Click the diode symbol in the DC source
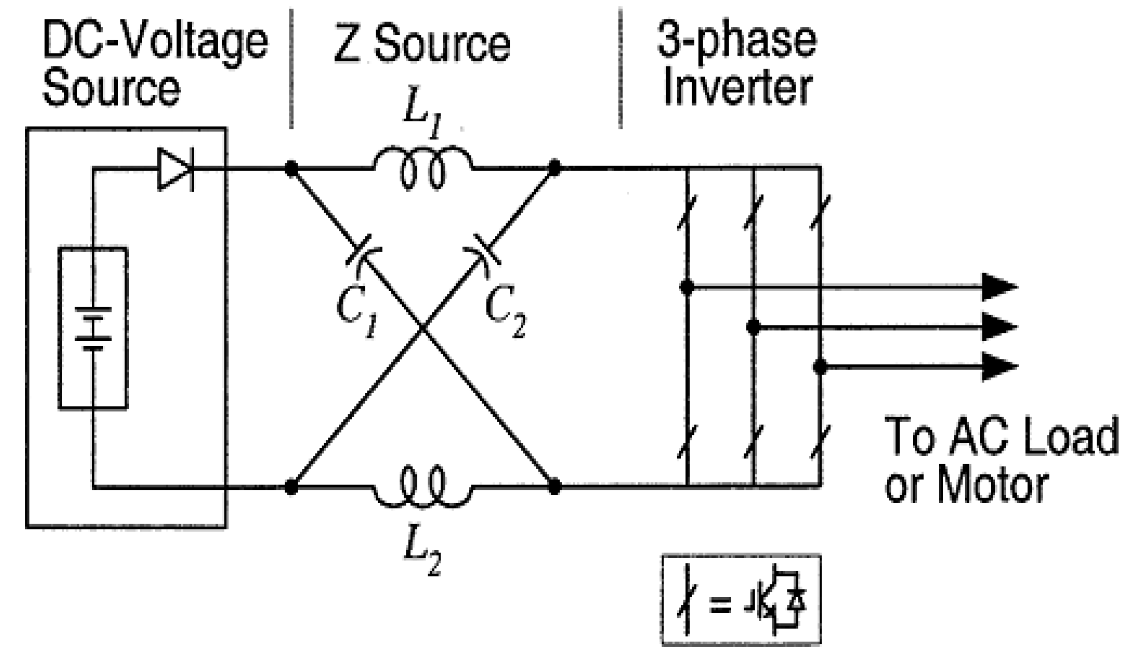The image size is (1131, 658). click(x=176, y=170)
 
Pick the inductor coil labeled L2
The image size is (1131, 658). click(x=423, y=487)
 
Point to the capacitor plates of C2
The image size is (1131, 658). click(x=483, y=250)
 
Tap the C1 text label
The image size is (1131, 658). click(x=358, y=311)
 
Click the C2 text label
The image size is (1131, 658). click(x=505, y=311)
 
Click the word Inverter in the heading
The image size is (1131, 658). click(x=738, y=89)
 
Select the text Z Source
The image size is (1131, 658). click(x=422, y=45)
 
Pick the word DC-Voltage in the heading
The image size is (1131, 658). click(x=155, y=42)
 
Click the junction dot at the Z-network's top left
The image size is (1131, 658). click(x=291, y=169)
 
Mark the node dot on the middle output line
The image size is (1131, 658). click(x=753, y=327)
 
